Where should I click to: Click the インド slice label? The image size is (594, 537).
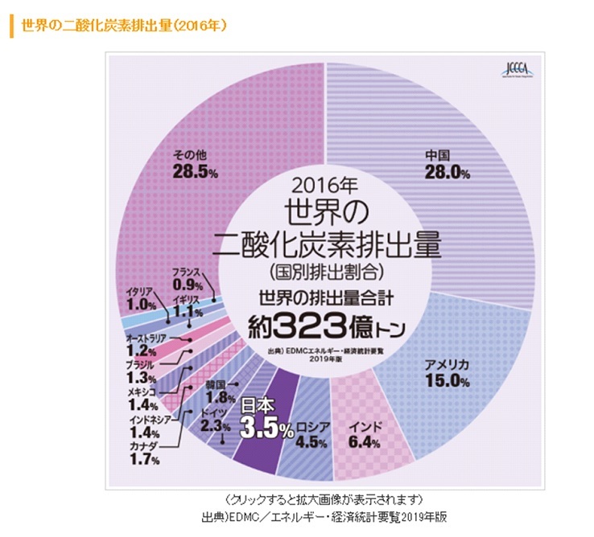click(367, 424)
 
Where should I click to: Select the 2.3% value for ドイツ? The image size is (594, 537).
click(214, 426)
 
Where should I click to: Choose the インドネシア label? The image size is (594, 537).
click(151, 420)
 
